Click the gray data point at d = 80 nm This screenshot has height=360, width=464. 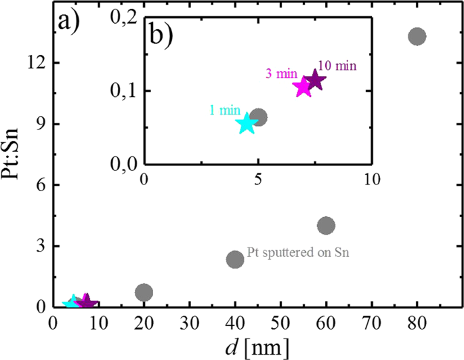point(417,37)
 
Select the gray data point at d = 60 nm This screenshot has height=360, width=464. point(326,225)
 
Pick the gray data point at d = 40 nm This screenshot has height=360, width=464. point(235,259)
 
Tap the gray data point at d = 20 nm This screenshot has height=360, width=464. point(144,292)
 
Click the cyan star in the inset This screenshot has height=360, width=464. point(247,124)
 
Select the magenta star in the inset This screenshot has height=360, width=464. point(303,87)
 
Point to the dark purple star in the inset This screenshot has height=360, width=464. point(315,80)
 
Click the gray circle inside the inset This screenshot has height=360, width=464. point(258,117)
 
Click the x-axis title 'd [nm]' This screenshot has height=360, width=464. point(258,348)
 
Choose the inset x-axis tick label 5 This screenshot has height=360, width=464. point(258,180)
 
